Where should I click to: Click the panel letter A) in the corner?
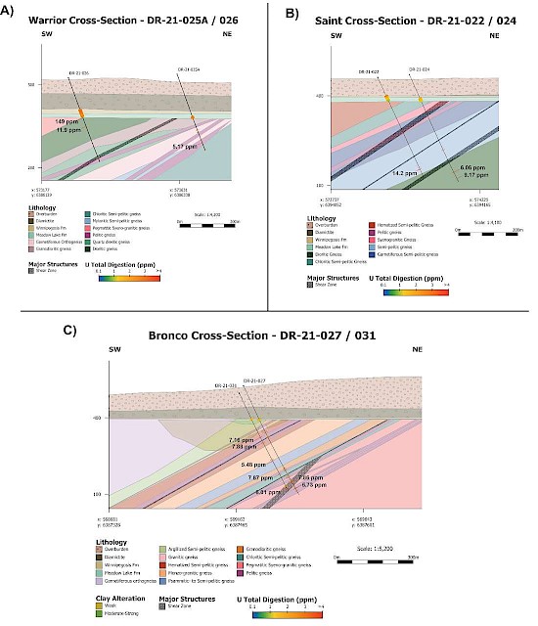[7, 12]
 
